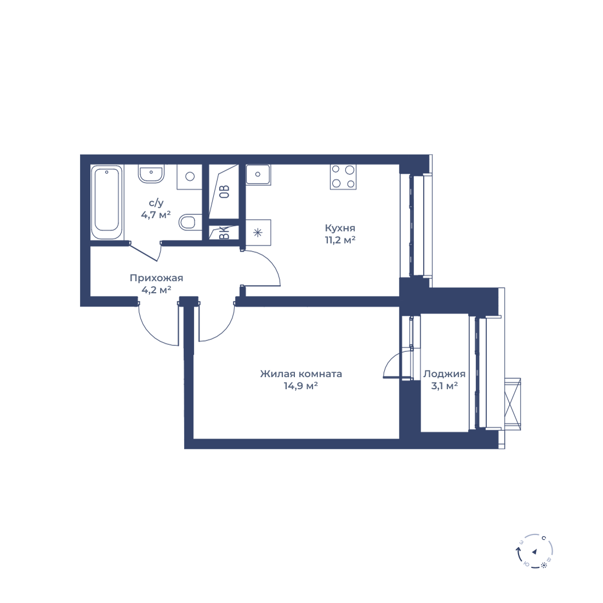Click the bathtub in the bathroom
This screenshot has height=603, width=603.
tap(107, 202)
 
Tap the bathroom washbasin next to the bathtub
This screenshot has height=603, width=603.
tap(151, 174)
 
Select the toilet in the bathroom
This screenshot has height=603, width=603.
tap(190, 222)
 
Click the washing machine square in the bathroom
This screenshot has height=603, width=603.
tap(189, 177)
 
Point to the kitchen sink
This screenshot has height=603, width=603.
tap(258, 174)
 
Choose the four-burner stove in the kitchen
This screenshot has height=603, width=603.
tap(343, 177)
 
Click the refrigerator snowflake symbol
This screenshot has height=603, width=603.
tap(258, 232)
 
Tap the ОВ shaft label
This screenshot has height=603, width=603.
tap(224, 191)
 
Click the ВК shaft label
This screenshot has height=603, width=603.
tap(224, 232)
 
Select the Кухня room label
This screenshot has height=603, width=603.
tap(340, 228)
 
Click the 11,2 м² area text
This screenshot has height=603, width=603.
tap(340, 240)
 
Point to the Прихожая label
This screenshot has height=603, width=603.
tap(156, 278)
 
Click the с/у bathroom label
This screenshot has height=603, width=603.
tap(156, 203)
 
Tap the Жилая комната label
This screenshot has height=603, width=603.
tap(301, 374)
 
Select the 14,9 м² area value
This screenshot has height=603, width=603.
tap(301, 386)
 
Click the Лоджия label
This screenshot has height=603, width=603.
tap(444, 374)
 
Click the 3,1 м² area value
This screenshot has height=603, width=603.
tap(445, 386)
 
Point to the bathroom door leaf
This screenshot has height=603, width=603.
tap(144, 252)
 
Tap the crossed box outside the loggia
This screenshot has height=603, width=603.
tap(513, 404)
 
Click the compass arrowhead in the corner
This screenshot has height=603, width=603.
tap(534, 551)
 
